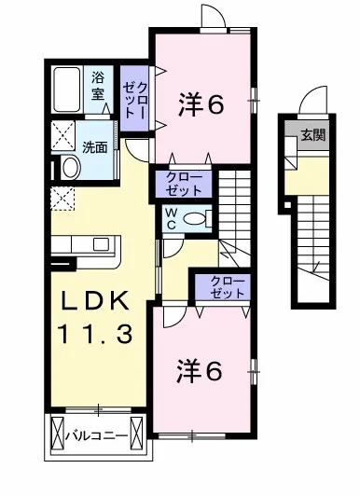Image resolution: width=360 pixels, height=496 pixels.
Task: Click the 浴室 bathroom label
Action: point(98,85)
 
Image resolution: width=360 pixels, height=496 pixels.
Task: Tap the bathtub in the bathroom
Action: point(66,90)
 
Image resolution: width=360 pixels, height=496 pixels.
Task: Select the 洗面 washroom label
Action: point(94,147)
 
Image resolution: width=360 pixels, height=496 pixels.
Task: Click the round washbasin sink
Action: point(72,167)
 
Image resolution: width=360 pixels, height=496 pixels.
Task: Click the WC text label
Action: point(172,218)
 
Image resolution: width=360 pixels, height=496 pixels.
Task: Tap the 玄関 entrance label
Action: point(313,135)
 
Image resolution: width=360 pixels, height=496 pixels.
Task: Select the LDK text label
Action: point(95,300)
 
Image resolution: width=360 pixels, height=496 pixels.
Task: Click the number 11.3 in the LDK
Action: point(94,335)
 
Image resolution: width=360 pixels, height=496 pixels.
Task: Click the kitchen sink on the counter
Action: point(102,245)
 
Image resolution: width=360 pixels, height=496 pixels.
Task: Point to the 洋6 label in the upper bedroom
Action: point(201,104)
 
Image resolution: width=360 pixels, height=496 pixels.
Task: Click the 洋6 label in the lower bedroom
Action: point(200,371)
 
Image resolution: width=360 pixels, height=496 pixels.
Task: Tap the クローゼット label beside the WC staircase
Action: point(184,184)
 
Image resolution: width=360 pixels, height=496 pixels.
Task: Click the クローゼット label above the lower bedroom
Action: point(228,287)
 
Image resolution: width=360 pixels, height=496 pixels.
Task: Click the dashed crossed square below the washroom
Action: point(62,199)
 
